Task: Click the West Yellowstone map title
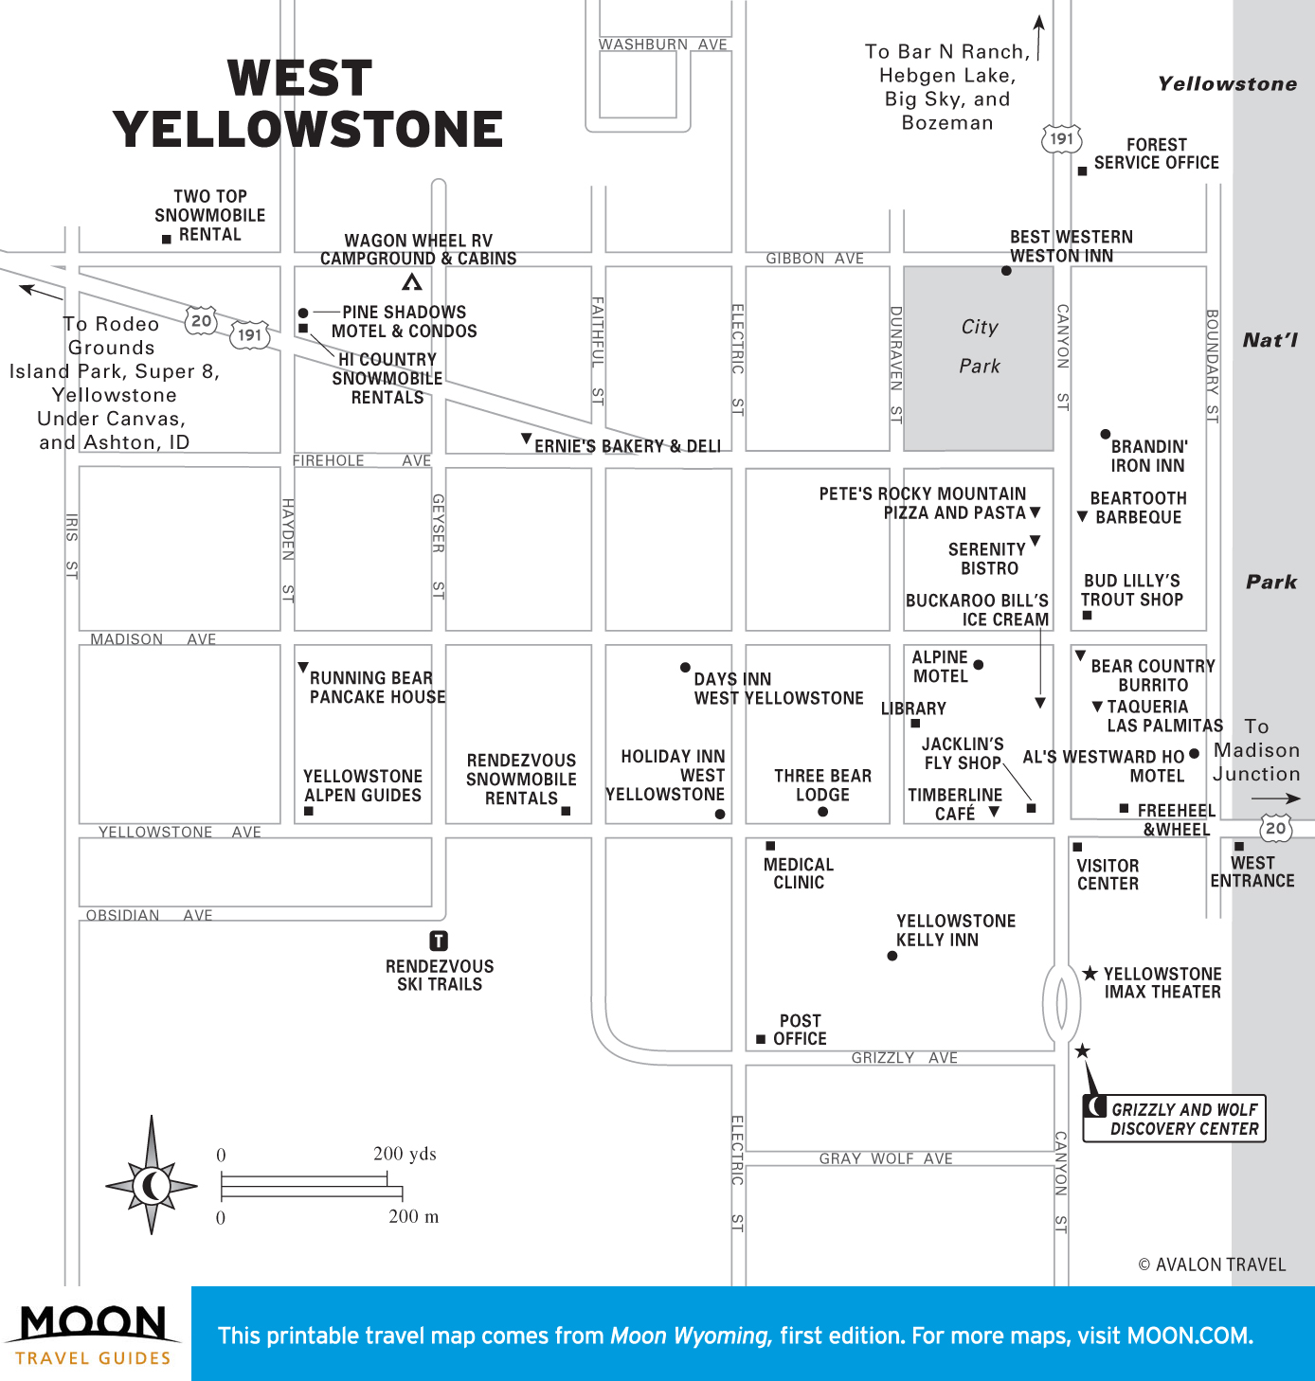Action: pos(308,104)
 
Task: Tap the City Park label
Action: pos(980,347)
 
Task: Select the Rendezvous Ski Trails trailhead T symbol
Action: pos(439,941)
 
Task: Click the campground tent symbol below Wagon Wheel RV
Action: pos(412,281)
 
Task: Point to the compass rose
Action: pos(152,1184)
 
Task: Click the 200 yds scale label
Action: pos(405,1154)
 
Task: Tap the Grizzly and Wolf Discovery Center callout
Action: pos(1175,1119)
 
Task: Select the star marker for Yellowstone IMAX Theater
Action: pos(1090,974)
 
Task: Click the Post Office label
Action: pos(800,1030)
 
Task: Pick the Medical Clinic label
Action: pos(799,873)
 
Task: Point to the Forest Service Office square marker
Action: pos(1082,171)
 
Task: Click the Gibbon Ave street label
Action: pos(815,259)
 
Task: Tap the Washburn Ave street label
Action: pos(663,45)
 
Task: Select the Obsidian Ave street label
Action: pos(150,915)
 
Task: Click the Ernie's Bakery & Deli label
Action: pos(627,446)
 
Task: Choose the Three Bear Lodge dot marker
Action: pos(822,812)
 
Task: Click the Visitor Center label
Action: pos(1108,874)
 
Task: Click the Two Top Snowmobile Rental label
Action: pos(210,215)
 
